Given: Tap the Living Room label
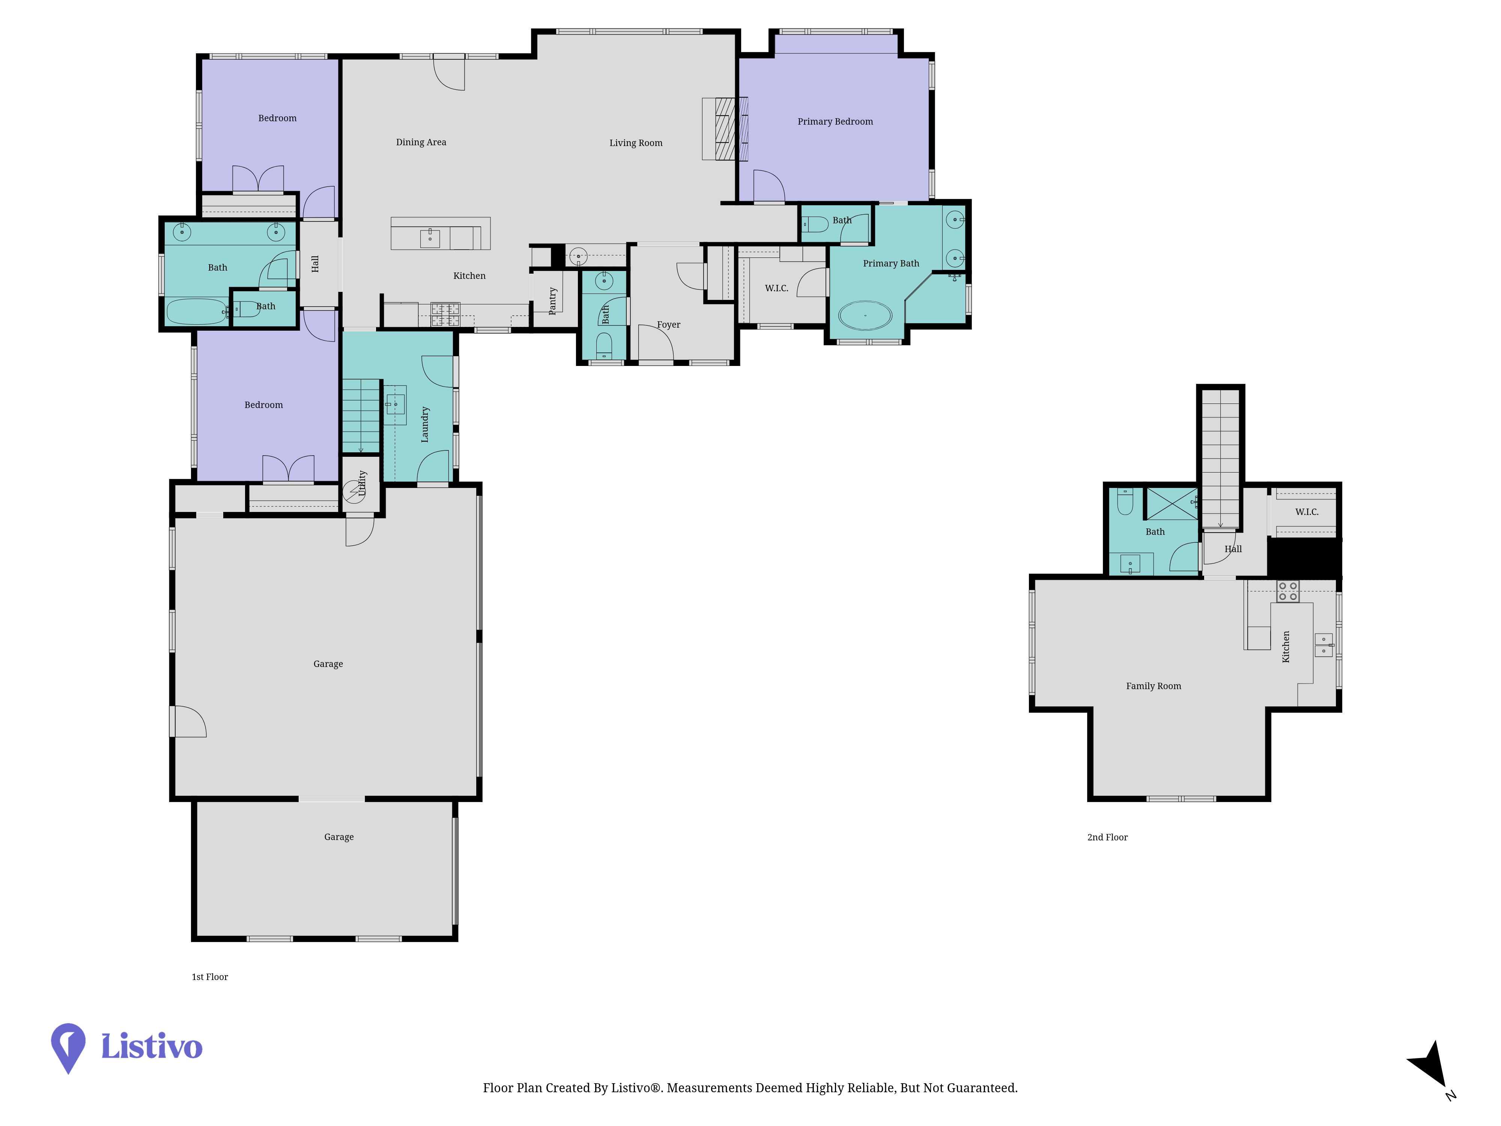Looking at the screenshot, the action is [x=636, y=143].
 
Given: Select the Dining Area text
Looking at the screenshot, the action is [x=421, y=142].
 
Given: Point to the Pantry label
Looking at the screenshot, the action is [x=552, y=301].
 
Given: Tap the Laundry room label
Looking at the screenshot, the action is [x=425, y=424].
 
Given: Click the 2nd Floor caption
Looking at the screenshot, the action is [x=1107, y=837].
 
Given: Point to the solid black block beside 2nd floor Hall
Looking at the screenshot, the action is [x=1304, y=558].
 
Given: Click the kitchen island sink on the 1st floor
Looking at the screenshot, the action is [x=430, y=238].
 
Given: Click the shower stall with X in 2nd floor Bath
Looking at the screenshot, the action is [x=1172, y=504].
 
